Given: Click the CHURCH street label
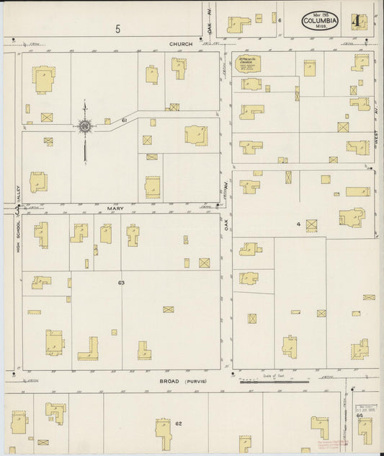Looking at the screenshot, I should pos(181,44).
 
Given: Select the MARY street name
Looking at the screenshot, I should pos(115,209).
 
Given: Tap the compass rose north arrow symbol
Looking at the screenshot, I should pos(85,128).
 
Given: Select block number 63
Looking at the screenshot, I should pos(121,282).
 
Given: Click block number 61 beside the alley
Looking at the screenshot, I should pos(125,120).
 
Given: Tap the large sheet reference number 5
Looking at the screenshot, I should pos(117,29).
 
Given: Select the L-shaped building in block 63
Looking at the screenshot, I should pos(88,348).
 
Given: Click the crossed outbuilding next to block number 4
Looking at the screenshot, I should pos(311,225).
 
